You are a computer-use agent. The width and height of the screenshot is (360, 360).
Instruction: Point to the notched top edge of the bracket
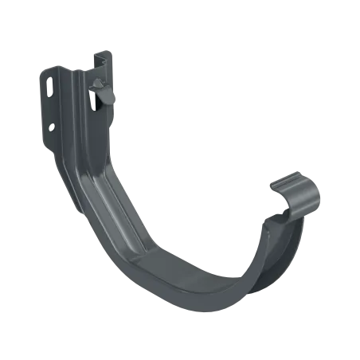coord(100,57)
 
